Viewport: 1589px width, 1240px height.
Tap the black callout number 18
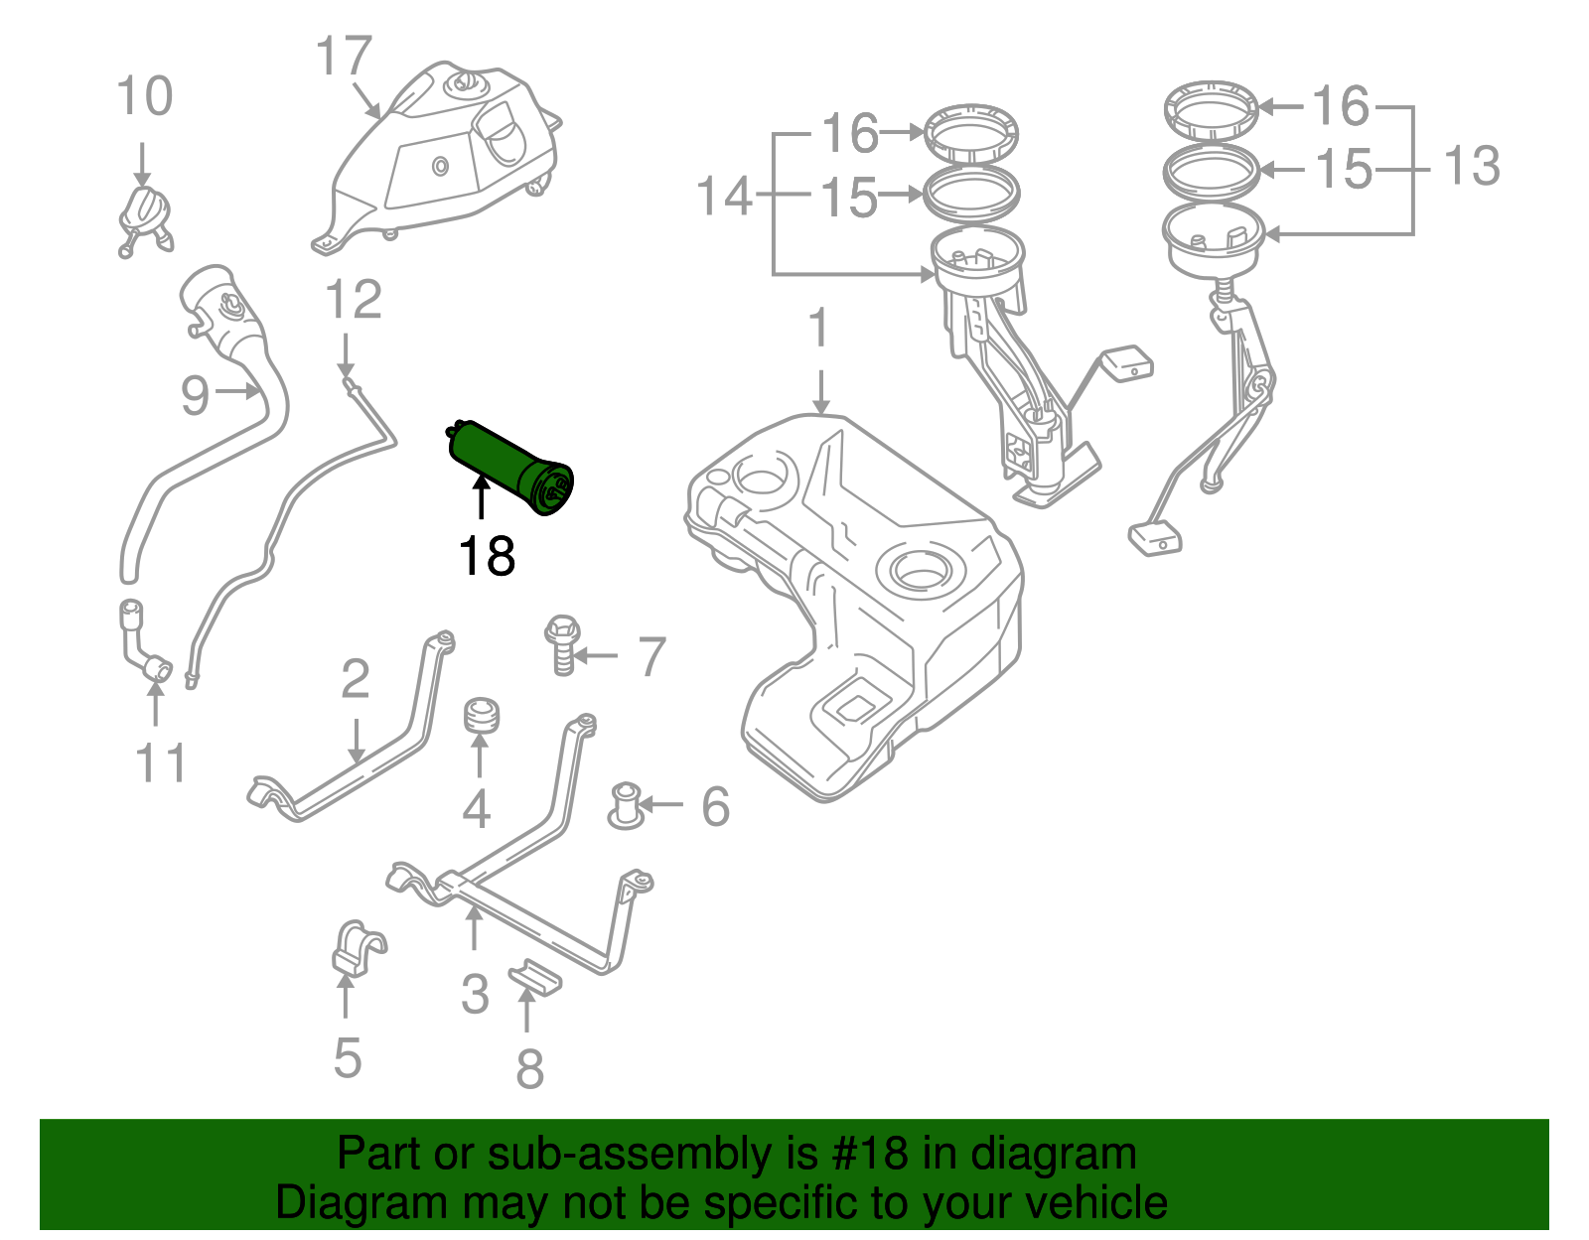click(x=487, y=556)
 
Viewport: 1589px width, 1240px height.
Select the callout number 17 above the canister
click(x=344, y=57)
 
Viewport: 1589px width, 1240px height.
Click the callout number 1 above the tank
click(x=818, y=329)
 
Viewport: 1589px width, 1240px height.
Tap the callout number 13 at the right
click(x=1471, y=166)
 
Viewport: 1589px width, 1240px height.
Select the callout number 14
click(x=725, y=196)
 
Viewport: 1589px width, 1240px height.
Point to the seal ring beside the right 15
click(x=1212, y=170)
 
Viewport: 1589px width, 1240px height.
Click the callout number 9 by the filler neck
click(x=195, y=395)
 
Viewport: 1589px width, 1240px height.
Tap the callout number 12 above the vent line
click(x=354, y=299)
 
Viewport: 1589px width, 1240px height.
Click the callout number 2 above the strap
click(x=355, y=679)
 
